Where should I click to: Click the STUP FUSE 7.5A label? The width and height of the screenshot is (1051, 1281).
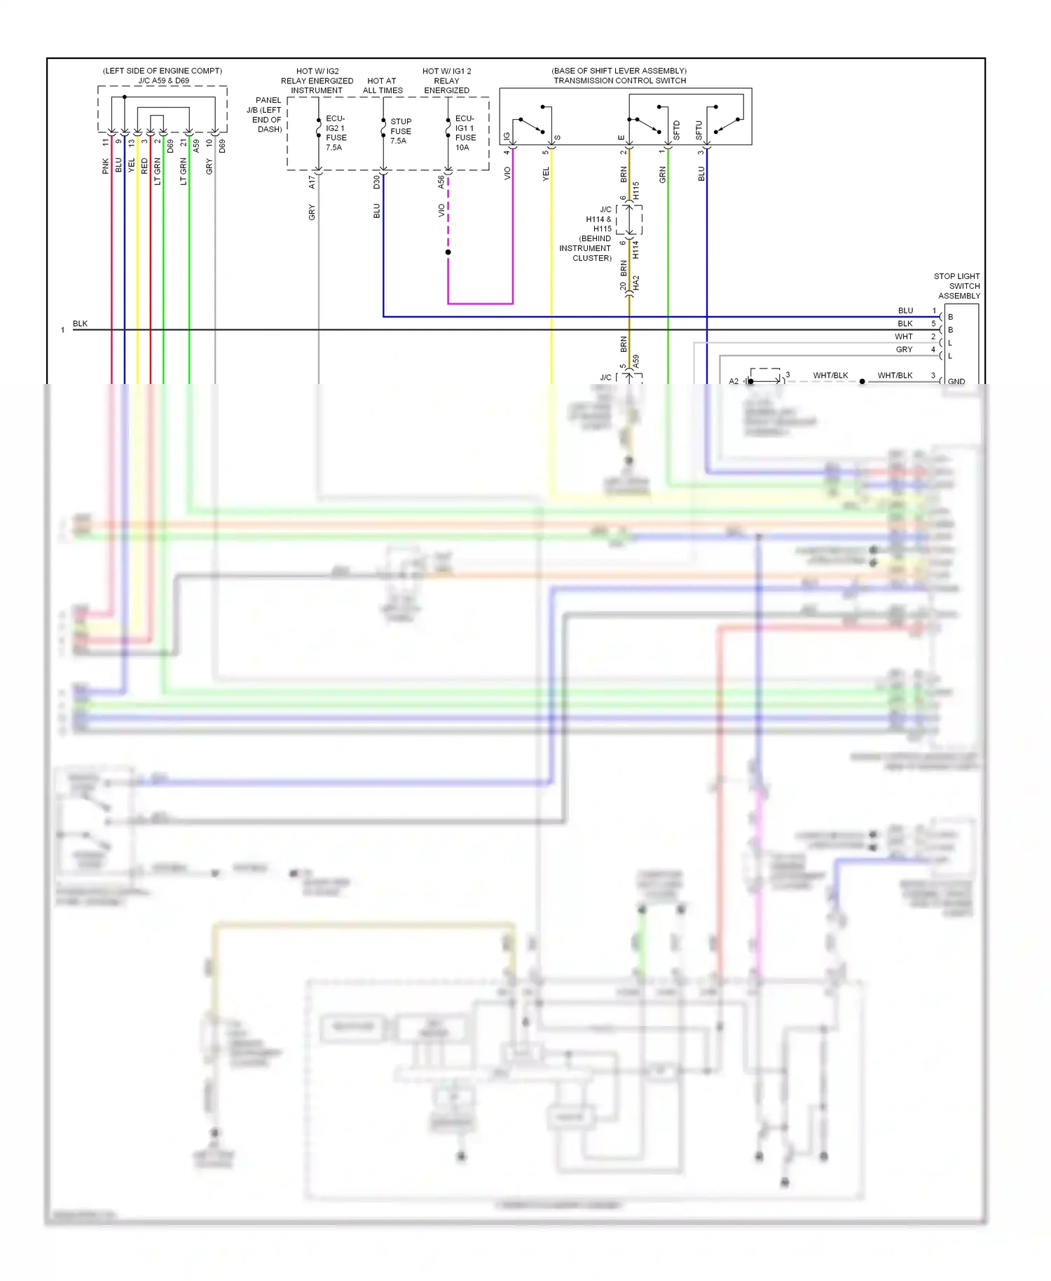[400, 131]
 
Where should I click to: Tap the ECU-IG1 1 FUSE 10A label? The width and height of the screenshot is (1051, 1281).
[465, 132]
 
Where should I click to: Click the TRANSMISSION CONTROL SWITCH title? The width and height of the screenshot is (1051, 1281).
[619, 81]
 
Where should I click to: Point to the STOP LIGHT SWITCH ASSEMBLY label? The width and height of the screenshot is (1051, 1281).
[958, 286]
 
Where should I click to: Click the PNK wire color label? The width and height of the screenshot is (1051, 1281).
[106, 166]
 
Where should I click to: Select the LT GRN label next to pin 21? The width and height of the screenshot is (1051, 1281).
[184, 171]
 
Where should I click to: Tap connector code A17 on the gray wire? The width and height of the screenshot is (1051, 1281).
[312, 182]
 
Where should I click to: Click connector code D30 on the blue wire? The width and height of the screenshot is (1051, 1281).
[376, 182]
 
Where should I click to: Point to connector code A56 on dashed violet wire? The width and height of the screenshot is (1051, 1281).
[441, 182]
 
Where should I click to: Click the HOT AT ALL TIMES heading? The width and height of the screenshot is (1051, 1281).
[383, 85]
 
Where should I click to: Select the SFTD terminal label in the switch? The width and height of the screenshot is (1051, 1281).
[676, 130]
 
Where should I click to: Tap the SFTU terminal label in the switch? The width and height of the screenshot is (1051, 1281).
[699, 130]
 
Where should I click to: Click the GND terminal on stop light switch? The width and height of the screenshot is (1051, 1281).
[956, 381]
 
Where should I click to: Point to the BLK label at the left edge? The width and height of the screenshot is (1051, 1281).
[80, 324]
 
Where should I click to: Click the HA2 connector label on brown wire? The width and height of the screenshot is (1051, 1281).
[636, 283]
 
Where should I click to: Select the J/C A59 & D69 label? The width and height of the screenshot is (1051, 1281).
[163, 81]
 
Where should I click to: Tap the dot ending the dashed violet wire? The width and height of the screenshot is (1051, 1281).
[448, 252]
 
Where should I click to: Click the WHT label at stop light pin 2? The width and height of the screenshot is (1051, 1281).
[904, 336]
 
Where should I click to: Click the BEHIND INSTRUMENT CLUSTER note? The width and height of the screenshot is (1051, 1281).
[586, 248]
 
